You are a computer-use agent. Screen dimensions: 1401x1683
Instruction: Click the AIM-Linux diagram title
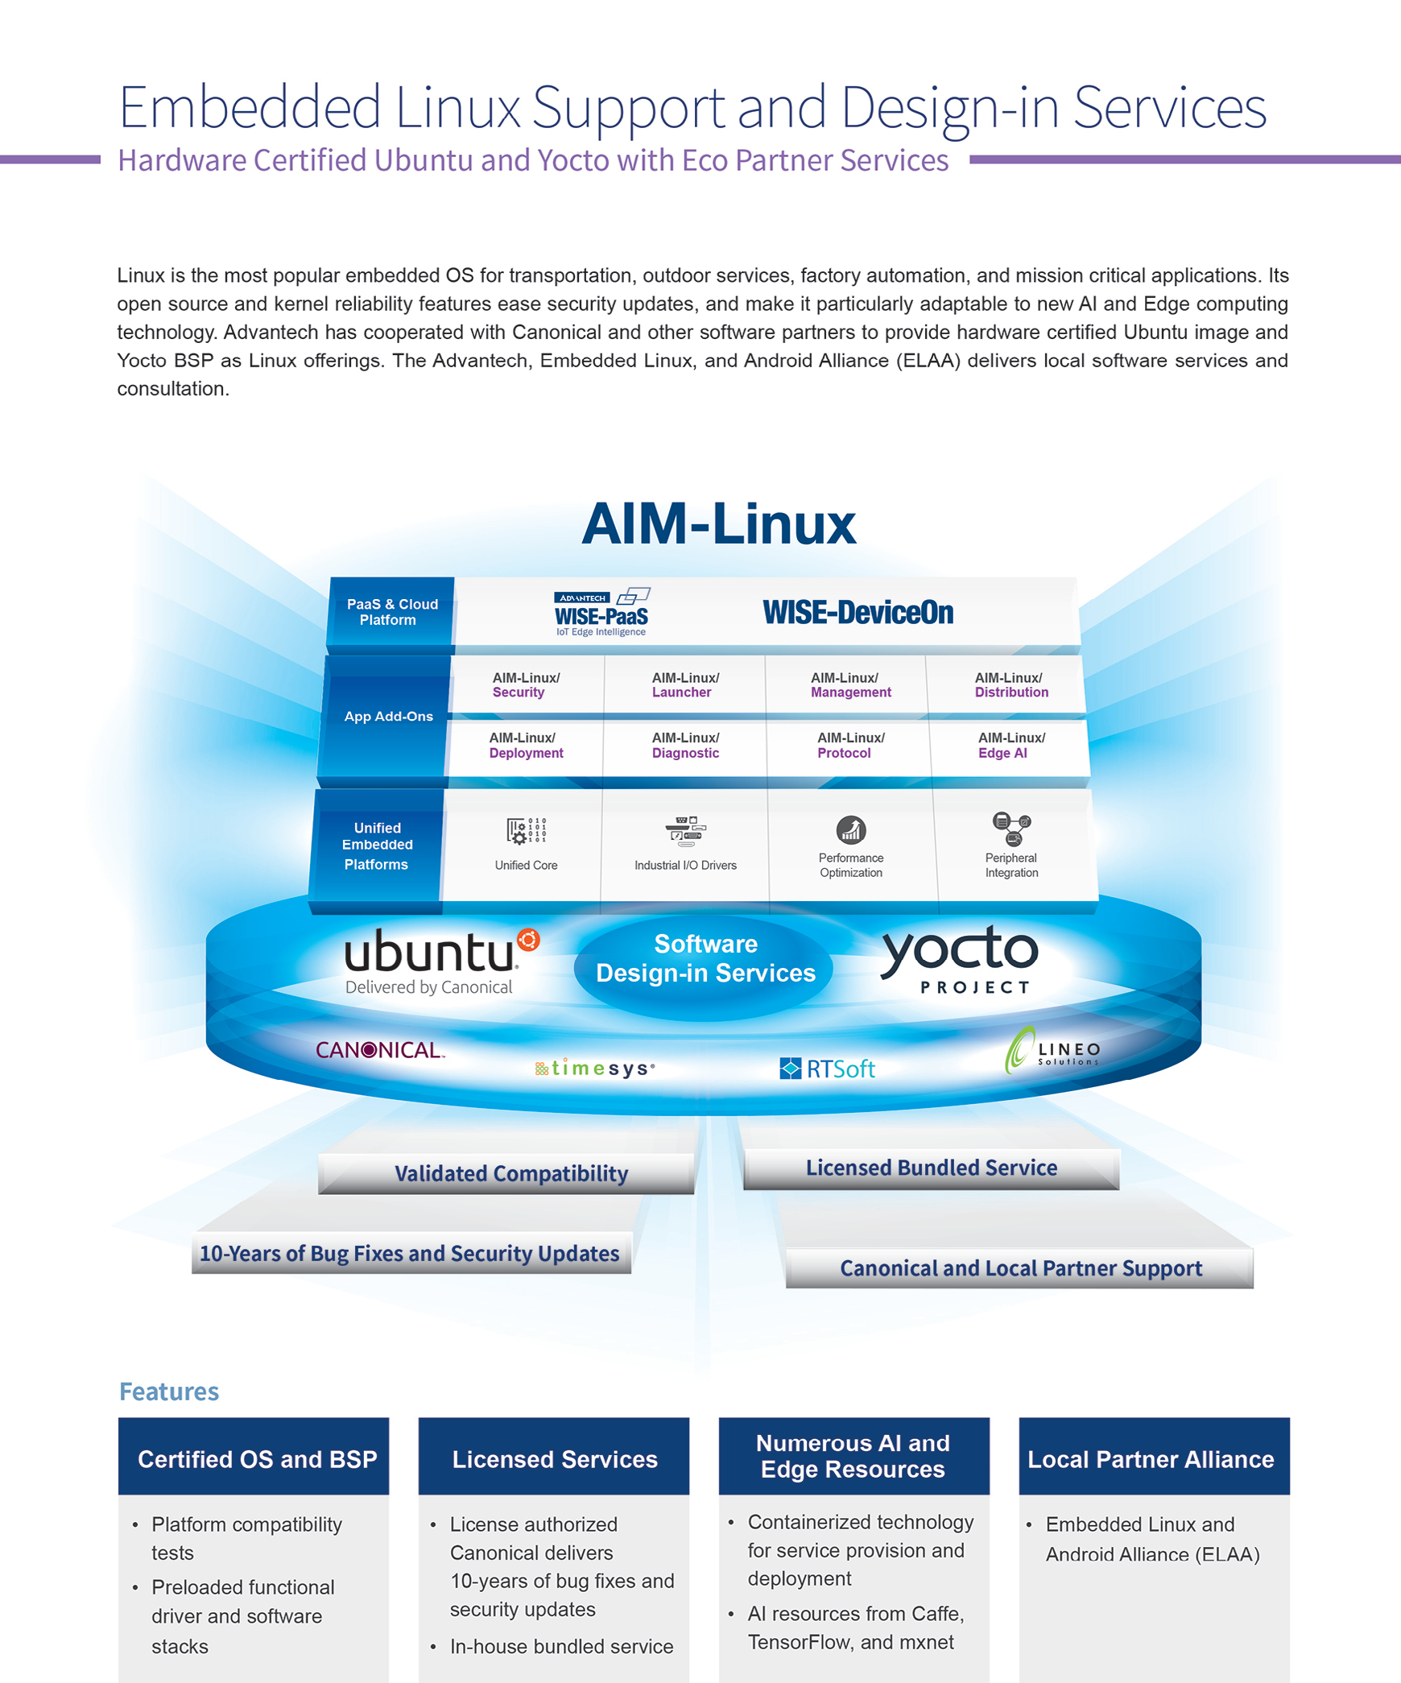(x=718, y=523)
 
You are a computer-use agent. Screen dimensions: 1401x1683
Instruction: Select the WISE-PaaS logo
(x=601, y=613)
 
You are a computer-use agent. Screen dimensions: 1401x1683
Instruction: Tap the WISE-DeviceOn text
(x=858, y=613)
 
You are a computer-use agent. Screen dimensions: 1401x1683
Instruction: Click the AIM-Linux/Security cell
(x=527, y=684)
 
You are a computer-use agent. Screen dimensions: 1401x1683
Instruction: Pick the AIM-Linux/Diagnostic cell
(x=685, y=746)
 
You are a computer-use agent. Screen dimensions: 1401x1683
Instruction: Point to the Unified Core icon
(x=527, y=830)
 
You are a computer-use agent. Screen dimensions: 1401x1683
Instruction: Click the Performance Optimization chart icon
(x=851, y=829)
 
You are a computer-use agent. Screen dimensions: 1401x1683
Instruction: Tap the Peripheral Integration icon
(x=1011, y=829)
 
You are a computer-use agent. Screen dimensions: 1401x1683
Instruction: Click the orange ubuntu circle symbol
(x=528, y=940)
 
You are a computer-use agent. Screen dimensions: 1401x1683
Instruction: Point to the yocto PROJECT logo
(x=960, y=959)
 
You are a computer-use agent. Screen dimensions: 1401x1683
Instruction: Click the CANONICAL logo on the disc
(x=380, y=1050)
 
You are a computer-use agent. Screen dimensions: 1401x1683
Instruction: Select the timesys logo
(x=595, y=1069)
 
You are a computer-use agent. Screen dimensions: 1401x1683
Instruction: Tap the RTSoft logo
(x=827, y=1069)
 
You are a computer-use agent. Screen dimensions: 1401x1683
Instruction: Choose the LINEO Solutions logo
(x=1052, y=1050)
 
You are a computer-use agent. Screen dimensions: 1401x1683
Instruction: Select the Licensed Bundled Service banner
(x=932, y=1168)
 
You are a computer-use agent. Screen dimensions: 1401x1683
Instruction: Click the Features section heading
(x=169, y=1391)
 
